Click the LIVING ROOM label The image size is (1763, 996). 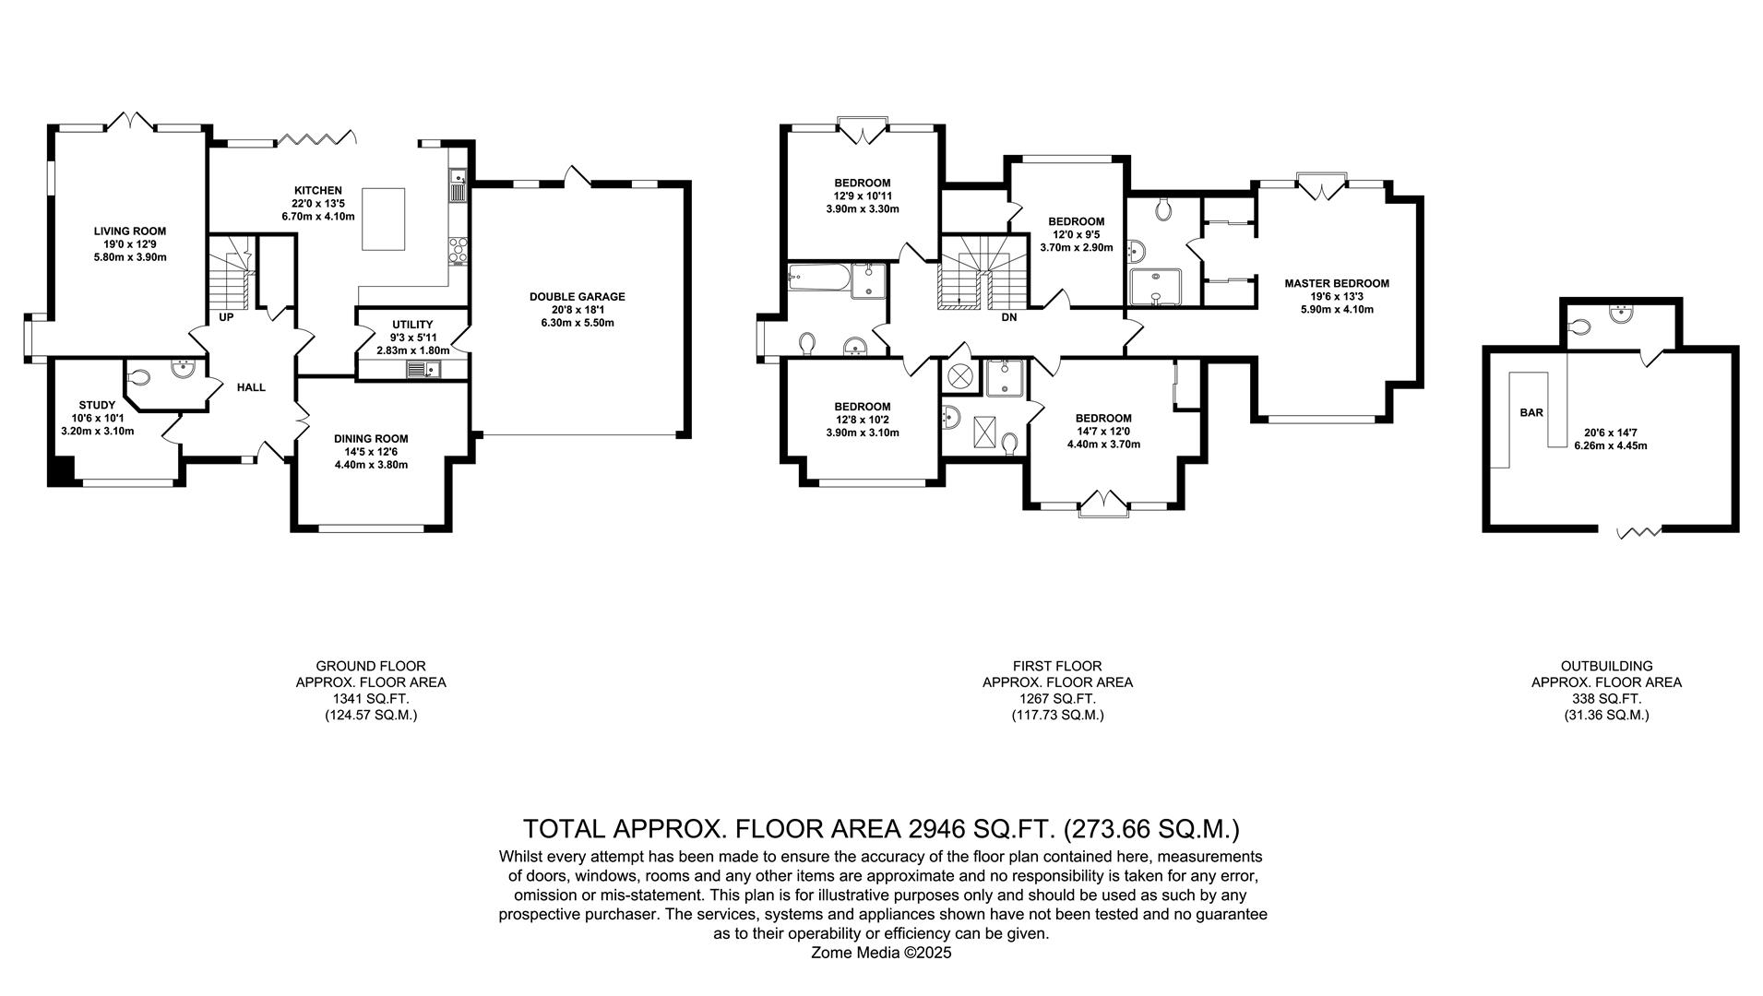point(129,231)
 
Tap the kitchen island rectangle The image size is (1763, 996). point(383,219)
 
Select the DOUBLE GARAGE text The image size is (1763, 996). point(577,297)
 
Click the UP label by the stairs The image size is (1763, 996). point(226,317)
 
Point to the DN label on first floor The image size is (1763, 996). point(1008,317)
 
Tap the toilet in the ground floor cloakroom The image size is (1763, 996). point(139,377)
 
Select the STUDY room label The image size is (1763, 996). point(97,405)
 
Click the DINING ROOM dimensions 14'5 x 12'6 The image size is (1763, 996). point(371,452)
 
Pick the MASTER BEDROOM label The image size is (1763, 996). point(1336,283)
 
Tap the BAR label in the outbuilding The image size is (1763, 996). point(1531,412)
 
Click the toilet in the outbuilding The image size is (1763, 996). point(1579,326)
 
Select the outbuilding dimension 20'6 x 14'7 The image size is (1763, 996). point(1610,433)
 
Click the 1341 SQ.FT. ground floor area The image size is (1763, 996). point(371,699)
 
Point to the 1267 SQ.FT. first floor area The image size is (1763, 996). point(1057,699)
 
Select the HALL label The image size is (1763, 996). point(251,387)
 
